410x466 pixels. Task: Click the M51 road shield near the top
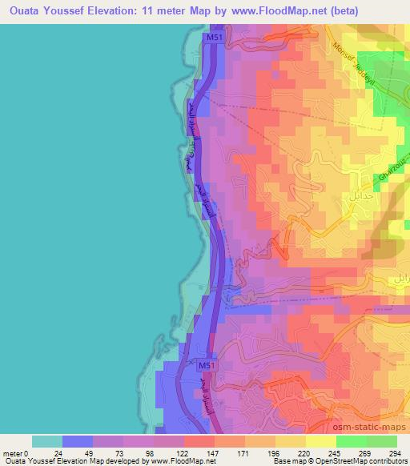214,38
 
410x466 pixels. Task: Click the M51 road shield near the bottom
207,365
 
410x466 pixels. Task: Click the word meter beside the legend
14,452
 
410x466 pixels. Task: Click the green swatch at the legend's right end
381,441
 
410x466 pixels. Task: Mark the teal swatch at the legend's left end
47,441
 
